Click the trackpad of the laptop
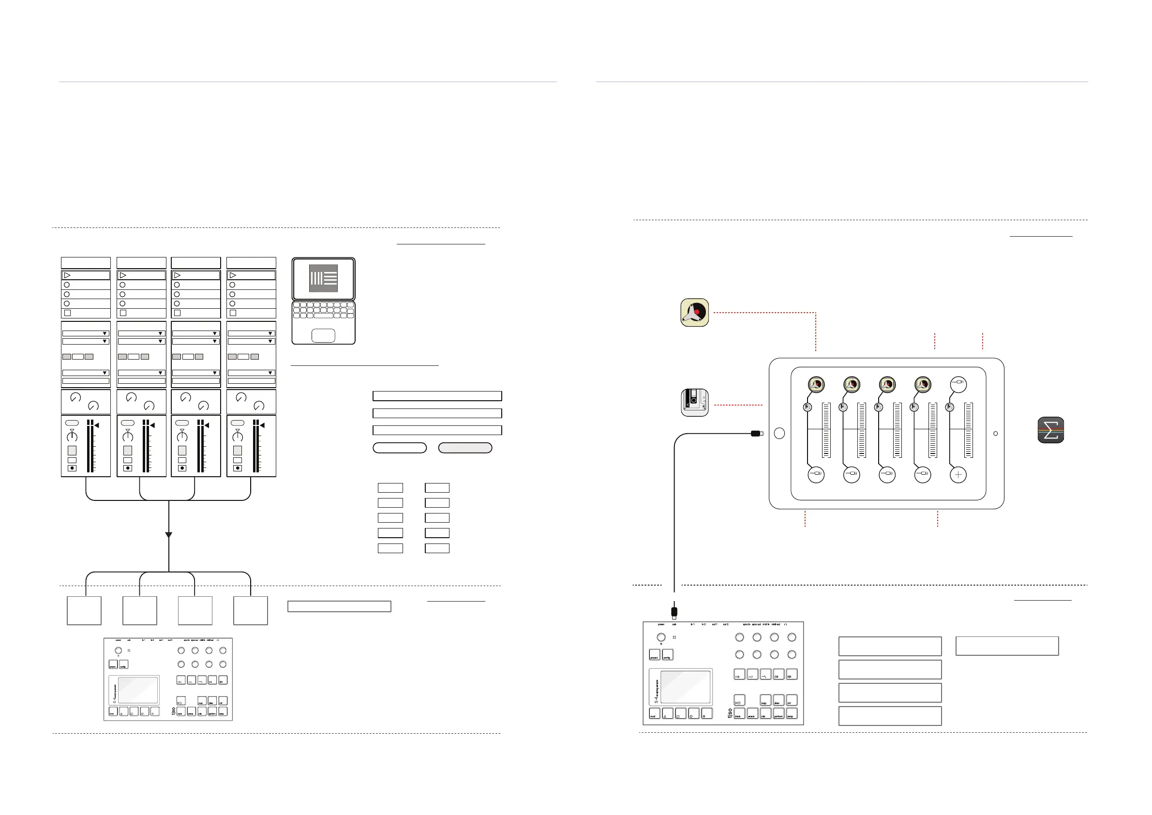pos(323,335)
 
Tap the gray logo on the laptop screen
pos(323,278)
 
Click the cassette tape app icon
pos(695,403)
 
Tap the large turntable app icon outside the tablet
pos(695,313)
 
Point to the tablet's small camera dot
pos(995,434)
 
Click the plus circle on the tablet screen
pos(958,475)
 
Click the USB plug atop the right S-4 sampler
pos(674,612)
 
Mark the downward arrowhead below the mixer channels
pos(168,535)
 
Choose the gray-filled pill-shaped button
pos(465,448)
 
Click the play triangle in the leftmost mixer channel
pos(67,275)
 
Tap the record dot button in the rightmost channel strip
pos(238,468)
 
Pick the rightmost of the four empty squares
pos(250,610)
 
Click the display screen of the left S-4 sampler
pos(138,690)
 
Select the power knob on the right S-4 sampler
pos(661,638)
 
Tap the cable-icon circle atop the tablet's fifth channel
pos(958,384)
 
